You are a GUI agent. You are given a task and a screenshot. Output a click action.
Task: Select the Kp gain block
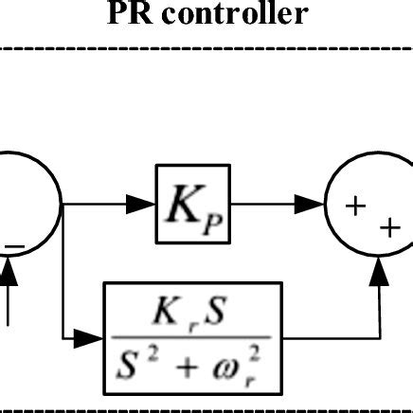193,203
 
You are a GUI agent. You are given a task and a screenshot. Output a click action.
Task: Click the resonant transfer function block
192,337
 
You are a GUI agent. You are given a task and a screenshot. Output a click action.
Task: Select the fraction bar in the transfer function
192,335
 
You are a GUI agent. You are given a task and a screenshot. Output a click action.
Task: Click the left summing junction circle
28,203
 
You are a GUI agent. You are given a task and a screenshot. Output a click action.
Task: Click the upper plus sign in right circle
356,204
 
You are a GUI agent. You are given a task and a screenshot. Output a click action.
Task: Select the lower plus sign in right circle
386,227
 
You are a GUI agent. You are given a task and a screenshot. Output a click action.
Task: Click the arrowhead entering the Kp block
145,203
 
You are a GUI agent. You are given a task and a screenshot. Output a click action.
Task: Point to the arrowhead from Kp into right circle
313,203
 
